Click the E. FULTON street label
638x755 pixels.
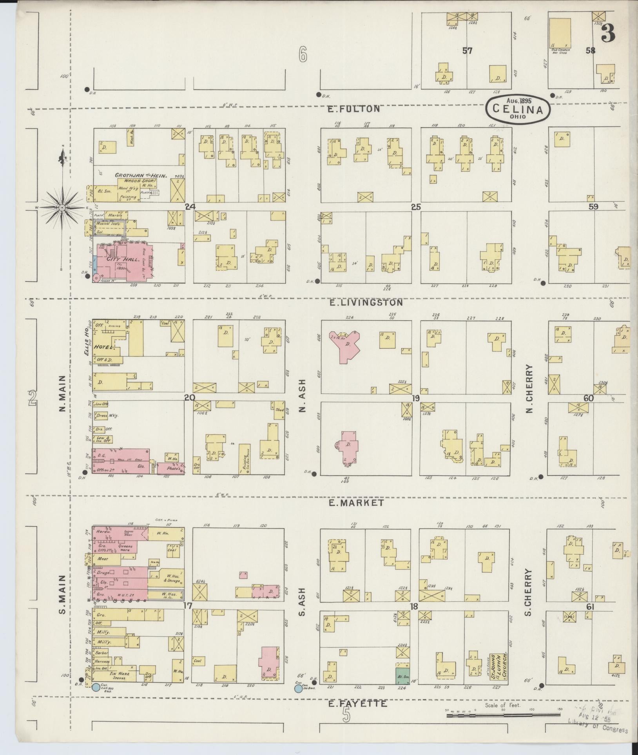point(354,109)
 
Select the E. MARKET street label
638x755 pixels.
point(356,503)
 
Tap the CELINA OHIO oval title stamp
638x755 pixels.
point(518,109)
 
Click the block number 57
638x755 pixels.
point(467,51)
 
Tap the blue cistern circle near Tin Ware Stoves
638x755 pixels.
point(95,687)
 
